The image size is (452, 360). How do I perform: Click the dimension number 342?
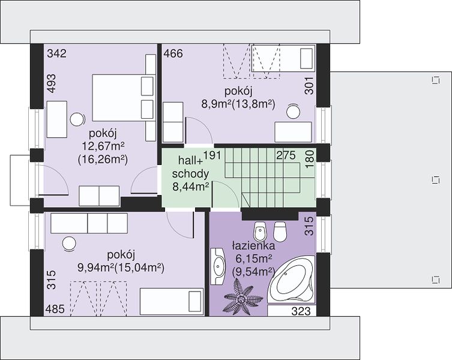[56, 53]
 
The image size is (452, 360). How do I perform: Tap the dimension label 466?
[173, 53]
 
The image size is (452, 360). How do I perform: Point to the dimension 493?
[52, 83]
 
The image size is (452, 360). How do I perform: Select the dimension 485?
[55, 309]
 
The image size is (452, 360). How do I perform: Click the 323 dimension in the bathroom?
[301, 311]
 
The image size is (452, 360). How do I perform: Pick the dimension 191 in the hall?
[212, 155]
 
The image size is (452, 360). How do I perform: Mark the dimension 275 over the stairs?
[286, 155]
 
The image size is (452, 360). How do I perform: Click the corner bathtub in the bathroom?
[291, 279]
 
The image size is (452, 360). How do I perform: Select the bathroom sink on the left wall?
[218, 266]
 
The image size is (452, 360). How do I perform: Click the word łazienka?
[253, 246]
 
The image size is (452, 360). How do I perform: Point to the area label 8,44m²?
[191, 187]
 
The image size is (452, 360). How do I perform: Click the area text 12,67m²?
[103, 146]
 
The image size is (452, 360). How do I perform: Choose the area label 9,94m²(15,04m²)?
[121, 268]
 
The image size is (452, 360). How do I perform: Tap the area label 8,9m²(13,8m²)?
[238, 104]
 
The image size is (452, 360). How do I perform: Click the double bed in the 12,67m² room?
[122, 98]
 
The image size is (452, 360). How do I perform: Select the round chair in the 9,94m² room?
[70, 244]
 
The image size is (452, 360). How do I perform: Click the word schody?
[190, 174]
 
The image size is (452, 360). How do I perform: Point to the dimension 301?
[309, 86]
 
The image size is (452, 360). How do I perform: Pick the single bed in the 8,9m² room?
[283, 58]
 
